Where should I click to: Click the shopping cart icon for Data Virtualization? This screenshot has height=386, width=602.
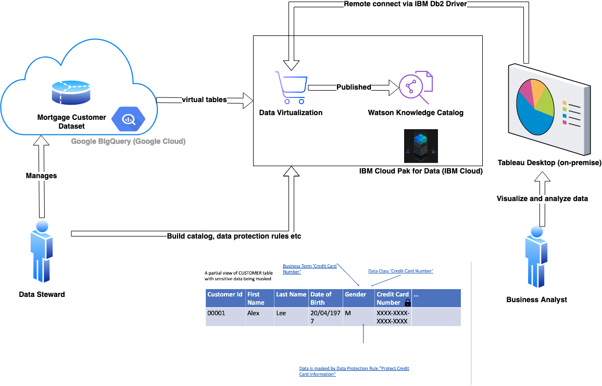[x=291, y=88]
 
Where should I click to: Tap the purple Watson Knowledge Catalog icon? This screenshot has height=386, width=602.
[x=416, y=88]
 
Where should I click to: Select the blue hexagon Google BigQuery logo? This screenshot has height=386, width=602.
[x=129, y=119]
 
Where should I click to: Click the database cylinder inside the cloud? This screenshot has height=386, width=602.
[x=71, y=93]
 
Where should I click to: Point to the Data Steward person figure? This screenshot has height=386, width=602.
[x=42, y=252]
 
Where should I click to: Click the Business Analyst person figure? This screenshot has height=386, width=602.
[x=537, y=257]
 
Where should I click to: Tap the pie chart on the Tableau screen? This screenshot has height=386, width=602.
[x=535, y=107]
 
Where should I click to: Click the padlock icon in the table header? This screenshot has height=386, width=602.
[x=408, y=302]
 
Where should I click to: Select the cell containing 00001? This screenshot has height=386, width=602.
[x=225, y=317]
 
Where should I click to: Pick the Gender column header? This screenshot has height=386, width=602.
[x=359, y=298]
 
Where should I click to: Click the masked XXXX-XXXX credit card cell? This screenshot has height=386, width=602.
[x=393, y=317]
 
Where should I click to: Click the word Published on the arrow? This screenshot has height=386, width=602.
[x=354, y=87]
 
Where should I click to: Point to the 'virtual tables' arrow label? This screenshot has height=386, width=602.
[x=204, y=99]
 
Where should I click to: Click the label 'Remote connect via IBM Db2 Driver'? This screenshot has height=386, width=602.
[x=406, y=4]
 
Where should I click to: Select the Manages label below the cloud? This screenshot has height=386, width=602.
[x=42, y=176]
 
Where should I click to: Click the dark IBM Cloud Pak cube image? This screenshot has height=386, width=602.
[x=421, y=146]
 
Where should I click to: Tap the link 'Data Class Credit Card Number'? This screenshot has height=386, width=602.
[x=400, y=271]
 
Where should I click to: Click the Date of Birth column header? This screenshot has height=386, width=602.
[x=325, y=298]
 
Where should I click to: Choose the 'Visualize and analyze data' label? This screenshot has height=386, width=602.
[x=542, y=198]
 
